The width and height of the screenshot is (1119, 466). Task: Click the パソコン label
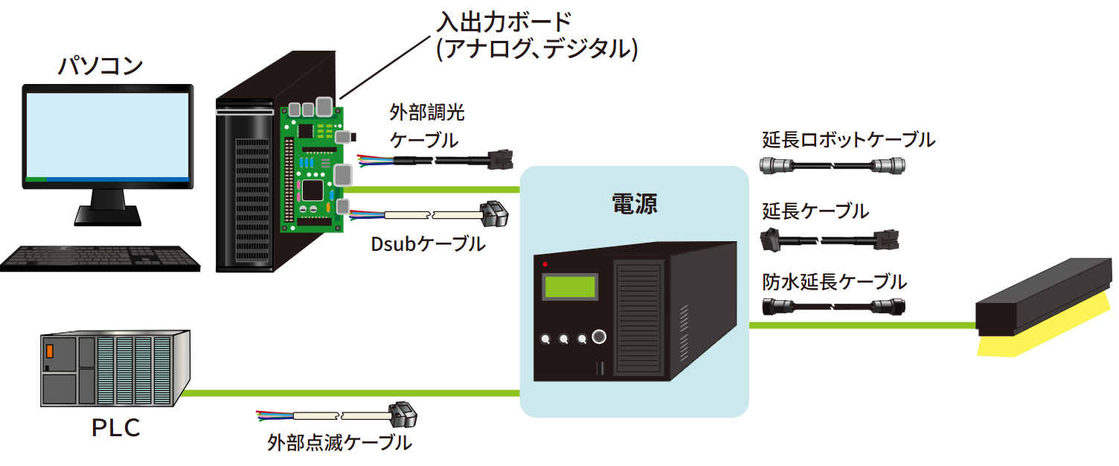[100, 66]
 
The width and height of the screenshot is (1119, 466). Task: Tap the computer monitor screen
[107, 134]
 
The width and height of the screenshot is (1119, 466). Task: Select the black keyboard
[100, 258]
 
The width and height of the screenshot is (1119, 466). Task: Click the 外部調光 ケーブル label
[426, 126]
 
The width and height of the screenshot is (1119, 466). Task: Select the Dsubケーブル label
[428, 243]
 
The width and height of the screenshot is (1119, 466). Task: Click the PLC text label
[115, 429]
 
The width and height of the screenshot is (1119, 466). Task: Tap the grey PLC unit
[115, 368]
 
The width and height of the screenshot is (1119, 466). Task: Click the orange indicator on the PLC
[50, 351]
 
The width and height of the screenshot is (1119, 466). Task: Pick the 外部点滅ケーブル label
[339, 443]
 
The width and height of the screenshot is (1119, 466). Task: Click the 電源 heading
[634, 203]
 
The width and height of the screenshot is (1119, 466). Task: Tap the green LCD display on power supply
[570, 287]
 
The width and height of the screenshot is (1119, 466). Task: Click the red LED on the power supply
[545, 264]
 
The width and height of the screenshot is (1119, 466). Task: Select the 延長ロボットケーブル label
[848, 139]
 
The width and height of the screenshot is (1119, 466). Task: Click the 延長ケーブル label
[815, 211]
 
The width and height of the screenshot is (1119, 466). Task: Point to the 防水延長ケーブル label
[834, 282]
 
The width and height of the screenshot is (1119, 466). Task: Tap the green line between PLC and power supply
[350, 392]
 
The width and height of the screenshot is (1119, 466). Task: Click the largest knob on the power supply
[598, 338]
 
